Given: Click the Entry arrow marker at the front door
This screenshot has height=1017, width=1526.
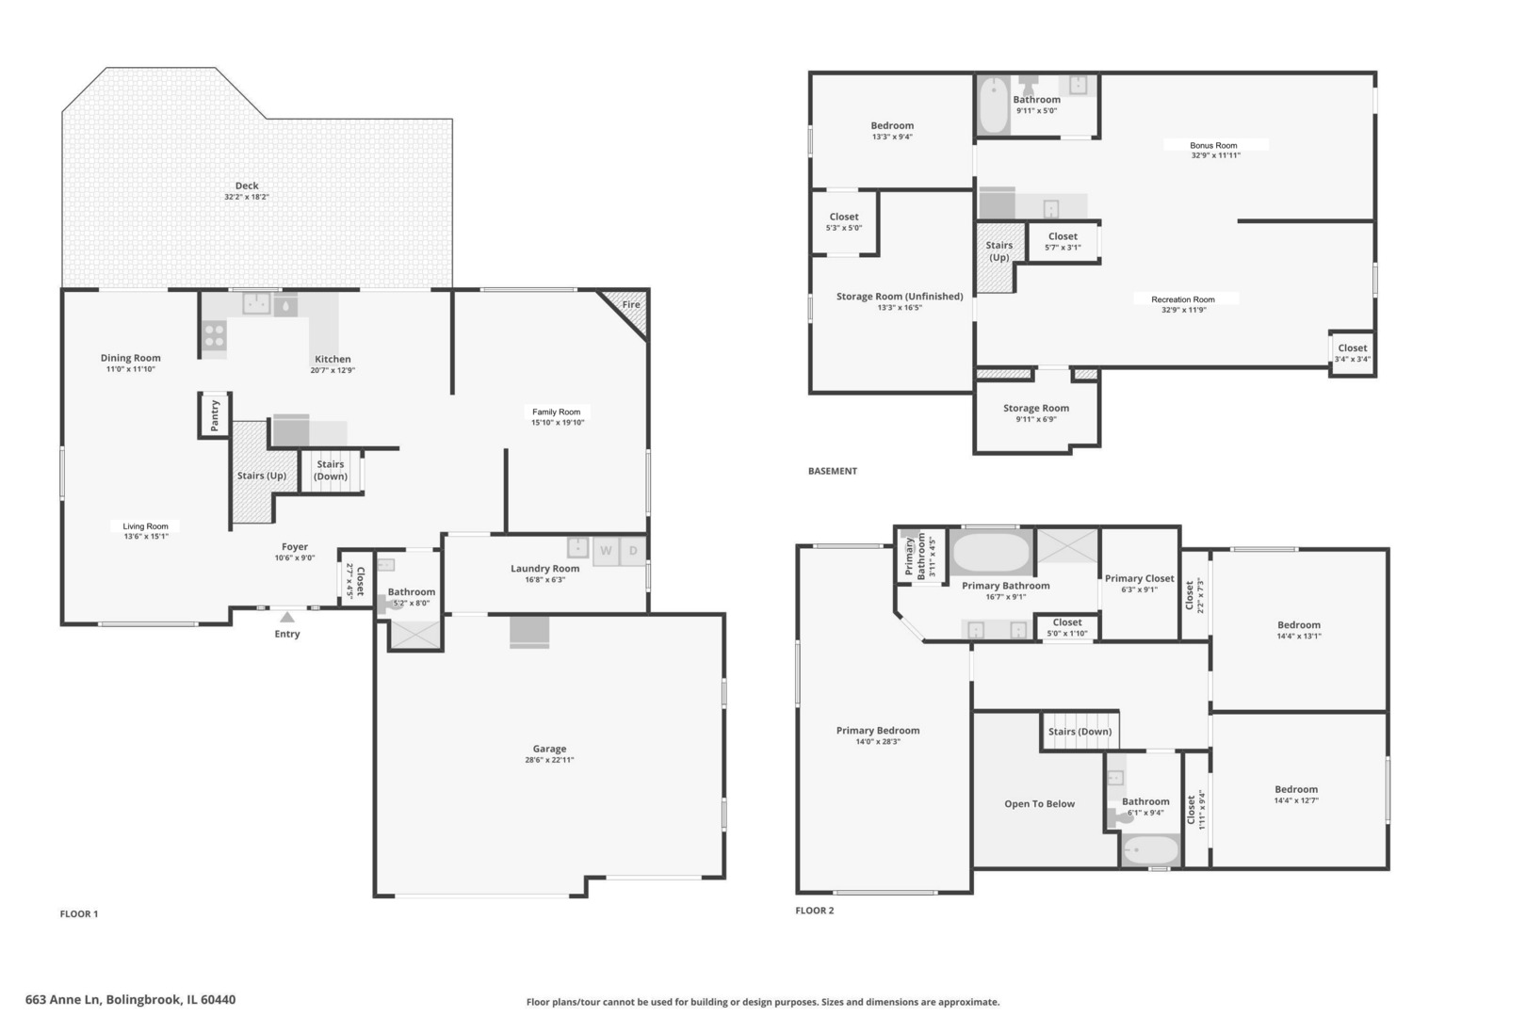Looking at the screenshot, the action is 287,617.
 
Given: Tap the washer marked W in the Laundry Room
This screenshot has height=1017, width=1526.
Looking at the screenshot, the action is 606,551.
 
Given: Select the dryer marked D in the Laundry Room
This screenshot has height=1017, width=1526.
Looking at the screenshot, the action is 633,551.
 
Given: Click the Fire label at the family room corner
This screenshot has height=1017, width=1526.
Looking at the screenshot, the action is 631,304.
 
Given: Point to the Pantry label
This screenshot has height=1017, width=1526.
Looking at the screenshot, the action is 215,415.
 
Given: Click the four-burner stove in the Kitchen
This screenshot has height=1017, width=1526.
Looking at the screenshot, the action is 214,335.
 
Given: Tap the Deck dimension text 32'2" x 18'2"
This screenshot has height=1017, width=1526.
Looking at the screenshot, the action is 247,197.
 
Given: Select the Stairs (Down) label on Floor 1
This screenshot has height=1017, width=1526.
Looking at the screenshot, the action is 331,470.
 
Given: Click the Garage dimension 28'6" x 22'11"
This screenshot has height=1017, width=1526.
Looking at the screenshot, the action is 549,760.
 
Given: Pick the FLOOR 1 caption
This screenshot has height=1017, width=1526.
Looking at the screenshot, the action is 79,914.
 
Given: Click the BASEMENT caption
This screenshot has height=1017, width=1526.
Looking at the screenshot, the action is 833,471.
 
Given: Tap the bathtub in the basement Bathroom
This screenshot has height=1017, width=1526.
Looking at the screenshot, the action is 994,105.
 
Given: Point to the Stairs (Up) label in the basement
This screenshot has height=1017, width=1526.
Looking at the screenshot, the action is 998,250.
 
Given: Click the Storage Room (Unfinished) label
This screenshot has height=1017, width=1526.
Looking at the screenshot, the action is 900,297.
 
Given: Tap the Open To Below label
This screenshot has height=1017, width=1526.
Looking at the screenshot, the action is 1039,804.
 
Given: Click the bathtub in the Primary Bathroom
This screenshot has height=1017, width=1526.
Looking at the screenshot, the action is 991,552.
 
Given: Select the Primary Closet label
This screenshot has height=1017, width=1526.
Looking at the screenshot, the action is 1139,578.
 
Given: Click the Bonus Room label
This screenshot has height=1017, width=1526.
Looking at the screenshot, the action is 1213,145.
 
